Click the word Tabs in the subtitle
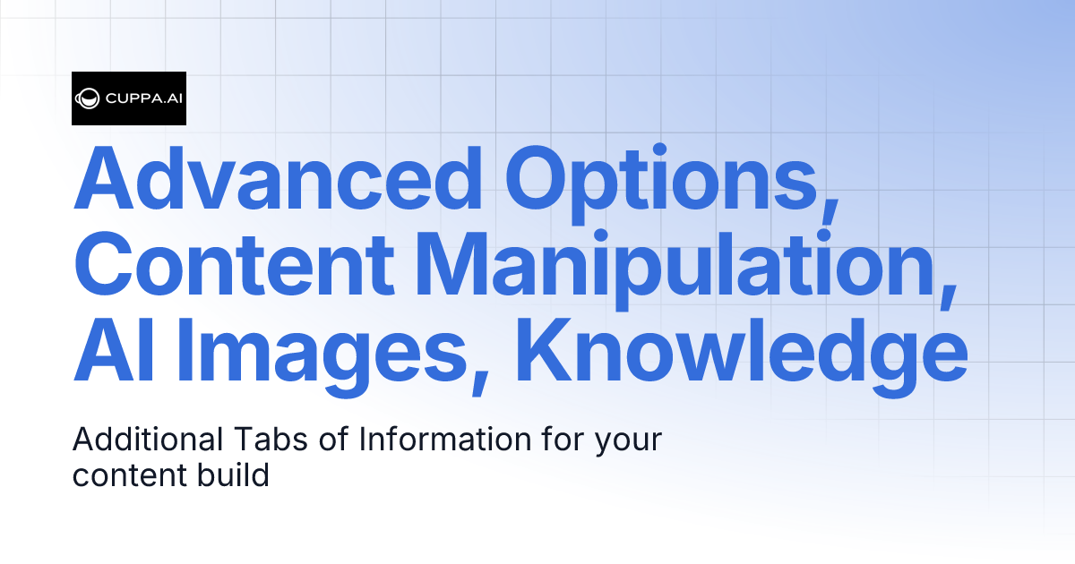point(260,440)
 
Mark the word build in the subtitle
point(233,474)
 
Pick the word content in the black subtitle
point(129,475)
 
